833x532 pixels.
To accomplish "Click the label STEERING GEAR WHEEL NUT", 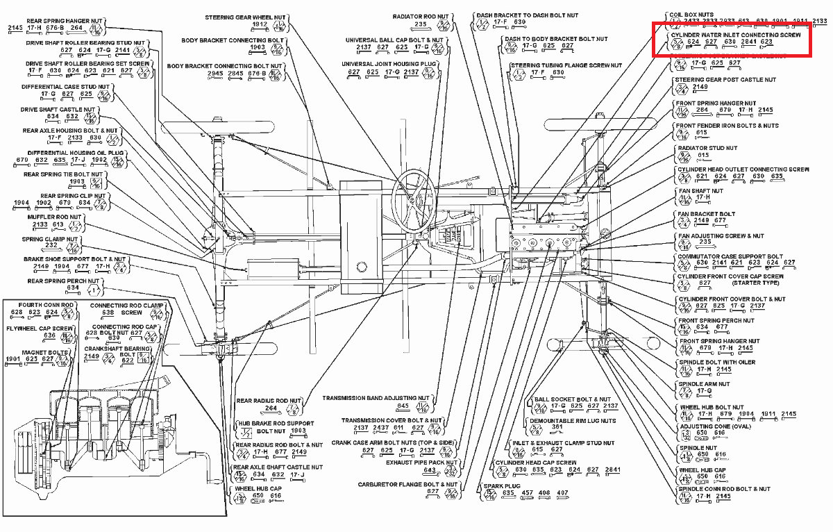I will (x=246, y=17).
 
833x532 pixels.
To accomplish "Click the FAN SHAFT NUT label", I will (x=700, y=191).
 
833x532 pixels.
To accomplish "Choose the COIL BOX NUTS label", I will (x=691, y=14).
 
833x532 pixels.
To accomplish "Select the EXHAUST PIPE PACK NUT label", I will (x=422, y=462).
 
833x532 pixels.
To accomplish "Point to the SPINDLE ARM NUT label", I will (x=704, y=383).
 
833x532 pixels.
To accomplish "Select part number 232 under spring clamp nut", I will (x=51, y=245).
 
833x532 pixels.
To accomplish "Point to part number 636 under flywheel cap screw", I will (x=49, y=335).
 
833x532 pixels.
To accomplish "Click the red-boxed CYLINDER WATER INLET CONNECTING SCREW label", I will (x=734, y=34).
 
